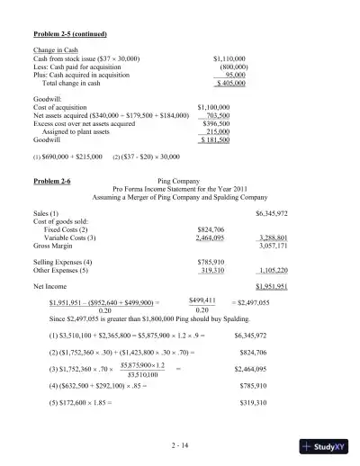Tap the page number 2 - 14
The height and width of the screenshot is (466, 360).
(x=179, y=444)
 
